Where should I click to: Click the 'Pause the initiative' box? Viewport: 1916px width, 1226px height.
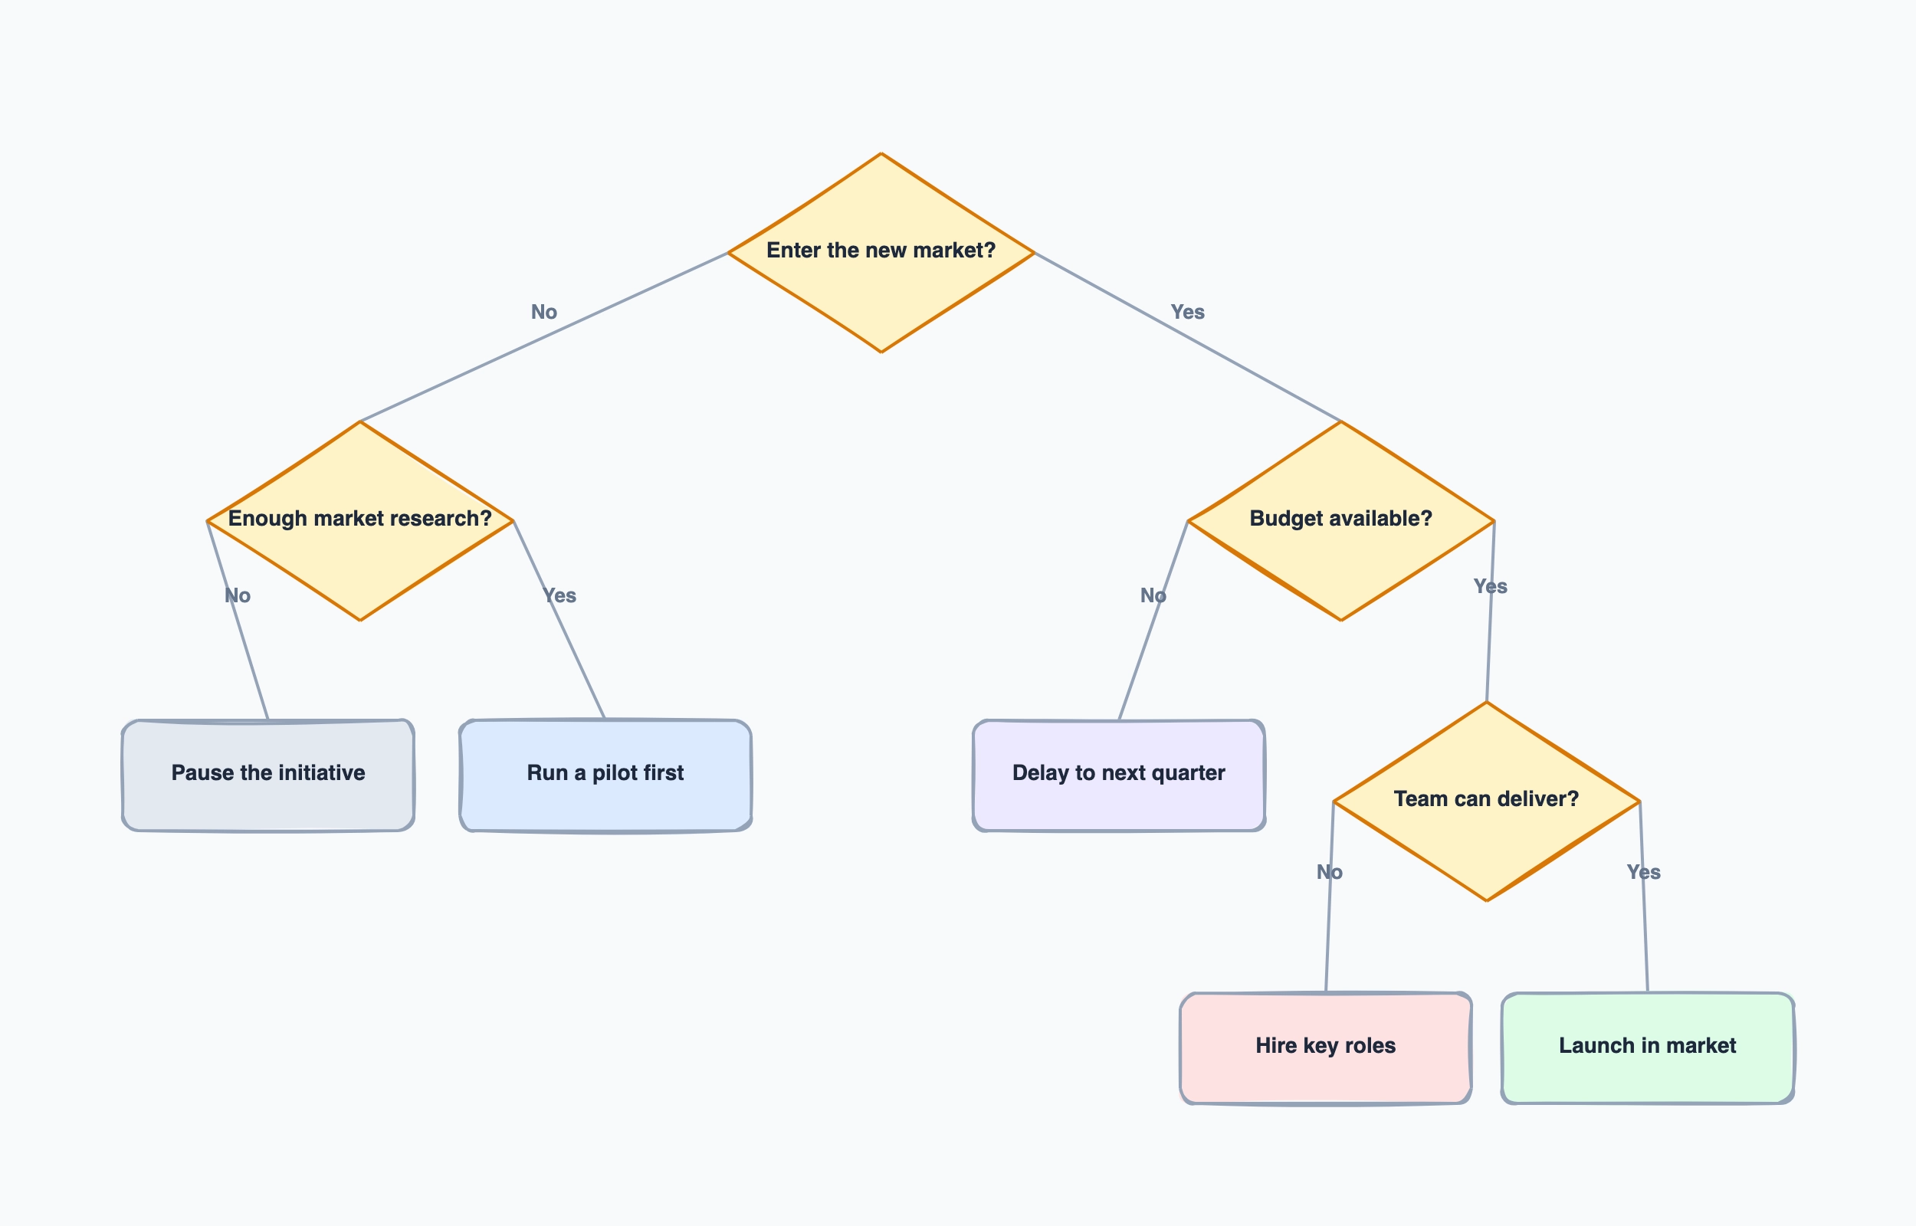[268, 775]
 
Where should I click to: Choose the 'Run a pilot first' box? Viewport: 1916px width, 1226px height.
[605, 775]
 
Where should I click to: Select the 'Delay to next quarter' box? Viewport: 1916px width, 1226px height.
[1118, 775]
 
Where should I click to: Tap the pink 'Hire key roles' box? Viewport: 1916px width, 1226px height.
[1325, 1047]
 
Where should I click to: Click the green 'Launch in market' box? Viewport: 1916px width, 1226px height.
[1647, 1047]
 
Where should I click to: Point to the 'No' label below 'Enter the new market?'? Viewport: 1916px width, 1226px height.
[543, 312]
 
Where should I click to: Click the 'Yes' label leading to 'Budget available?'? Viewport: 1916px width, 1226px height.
[1187, 312]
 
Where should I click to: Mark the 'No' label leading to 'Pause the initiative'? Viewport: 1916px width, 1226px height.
[238, 595]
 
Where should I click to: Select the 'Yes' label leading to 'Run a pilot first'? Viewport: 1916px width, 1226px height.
[559, 595]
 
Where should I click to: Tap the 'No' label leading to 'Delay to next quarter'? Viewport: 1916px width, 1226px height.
[1153, 595]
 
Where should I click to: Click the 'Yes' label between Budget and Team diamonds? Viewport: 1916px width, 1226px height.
[1489, 587]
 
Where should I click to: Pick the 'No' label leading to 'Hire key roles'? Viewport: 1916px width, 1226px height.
[1328, 872]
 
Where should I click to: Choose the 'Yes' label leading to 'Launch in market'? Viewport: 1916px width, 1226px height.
[1643, 872]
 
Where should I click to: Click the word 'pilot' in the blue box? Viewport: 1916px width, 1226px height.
[615, 773]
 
